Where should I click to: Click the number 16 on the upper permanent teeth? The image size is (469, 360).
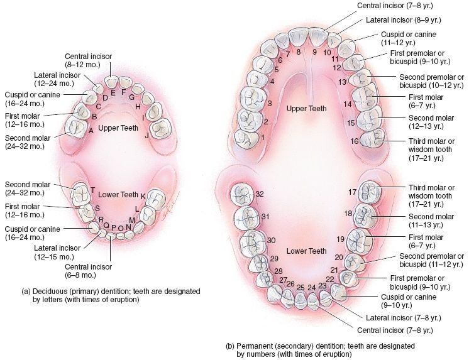355,141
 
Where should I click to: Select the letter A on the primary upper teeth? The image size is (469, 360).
91,130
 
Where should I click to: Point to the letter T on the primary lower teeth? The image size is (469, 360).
92,190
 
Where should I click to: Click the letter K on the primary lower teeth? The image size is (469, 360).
143,196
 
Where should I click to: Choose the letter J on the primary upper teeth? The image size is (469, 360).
146,135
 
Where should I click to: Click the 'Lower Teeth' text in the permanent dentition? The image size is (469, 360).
306,251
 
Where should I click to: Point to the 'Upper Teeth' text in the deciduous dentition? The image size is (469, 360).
118,128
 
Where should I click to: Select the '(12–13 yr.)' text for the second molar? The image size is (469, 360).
424,126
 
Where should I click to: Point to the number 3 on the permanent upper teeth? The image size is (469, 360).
269,104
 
